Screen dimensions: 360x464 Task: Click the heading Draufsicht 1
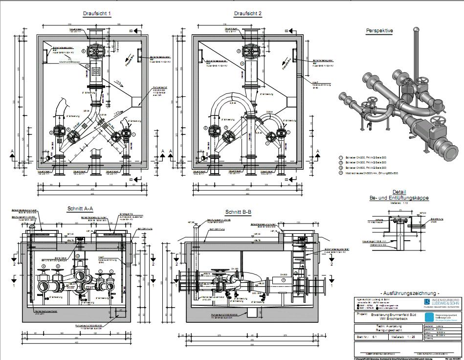coord(97,14)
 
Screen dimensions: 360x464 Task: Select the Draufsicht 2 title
coord(248,14)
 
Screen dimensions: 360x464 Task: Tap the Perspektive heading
coord(379,30)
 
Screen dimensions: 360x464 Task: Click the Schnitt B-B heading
coord(239,212)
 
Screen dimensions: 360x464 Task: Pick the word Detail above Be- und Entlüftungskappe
coord(399,192)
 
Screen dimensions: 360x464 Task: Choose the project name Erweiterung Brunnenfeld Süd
coord(397,315)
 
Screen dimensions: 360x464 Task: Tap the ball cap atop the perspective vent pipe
coord(416,30)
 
